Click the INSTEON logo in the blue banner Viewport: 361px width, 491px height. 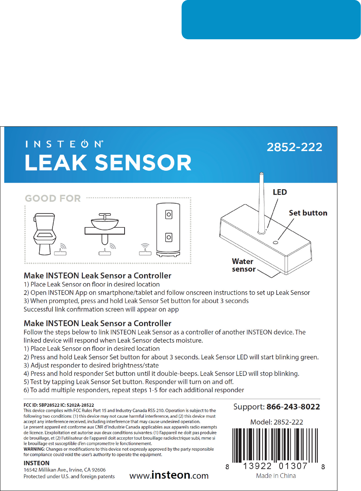point(64,144)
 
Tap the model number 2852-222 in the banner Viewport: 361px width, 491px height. point(295,147)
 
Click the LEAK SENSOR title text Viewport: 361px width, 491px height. point(108,163)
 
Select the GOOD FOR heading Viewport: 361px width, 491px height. point(53,198)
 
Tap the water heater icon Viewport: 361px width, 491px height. point(168,230)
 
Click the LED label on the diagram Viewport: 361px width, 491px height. point(280,192)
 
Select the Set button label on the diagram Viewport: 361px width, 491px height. point(308,213)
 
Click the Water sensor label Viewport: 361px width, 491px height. point(243,265)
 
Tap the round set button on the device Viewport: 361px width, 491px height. point(275,242)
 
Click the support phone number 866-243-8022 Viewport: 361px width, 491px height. point(293,407)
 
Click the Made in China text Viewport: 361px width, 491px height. point(276,476)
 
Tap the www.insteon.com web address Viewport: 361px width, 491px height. point(169,475)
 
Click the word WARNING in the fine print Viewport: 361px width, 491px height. point(34,449)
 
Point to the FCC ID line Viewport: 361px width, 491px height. point(59,405)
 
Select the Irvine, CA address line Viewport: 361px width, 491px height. point(65,470)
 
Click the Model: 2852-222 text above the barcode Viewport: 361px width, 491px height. point(276,422)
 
